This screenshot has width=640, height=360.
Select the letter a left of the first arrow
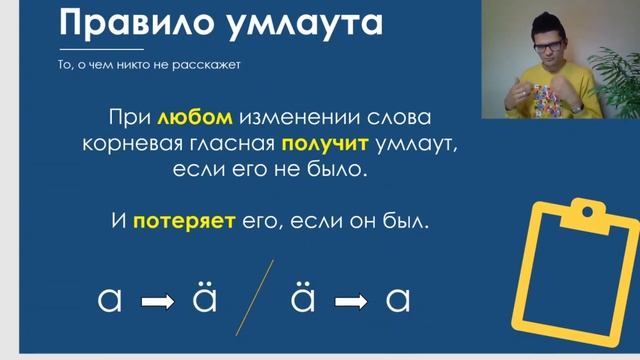110,299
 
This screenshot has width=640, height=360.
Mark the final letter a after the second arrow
398,299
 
